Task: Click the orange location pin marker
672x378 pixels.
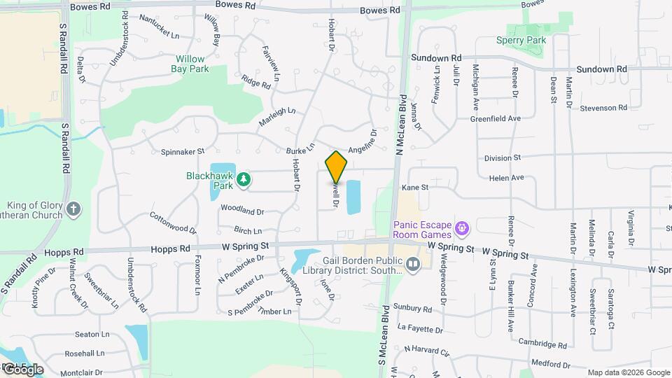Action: (337, 167)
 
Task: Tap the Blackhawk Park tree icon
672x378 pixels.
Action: (243, 181)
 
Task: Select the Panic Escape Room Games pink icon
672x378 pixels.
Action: (461, 228)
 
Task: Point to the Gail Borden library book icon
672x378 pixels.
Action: (413, 264)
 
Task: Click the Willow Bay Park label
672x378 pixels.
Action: (190, 64)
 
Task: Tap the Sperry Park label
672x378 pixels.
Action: (526, 41)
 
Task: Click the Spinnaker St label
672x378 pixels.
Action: (182, 150)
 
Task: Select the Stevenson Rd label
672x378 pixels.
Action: (603, 108)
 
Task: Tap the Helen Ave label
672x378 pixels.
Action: (507, 178)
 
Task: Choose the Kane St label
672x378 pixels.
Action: (414, 188)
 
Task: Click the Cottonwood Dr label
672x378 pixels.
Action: (173, 223)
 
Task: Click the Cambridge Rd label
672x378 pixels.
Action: (542, 344)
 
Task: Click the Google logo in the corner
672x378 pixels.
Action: (23, 369)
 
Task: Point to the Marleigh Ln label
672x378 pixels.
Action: (277, 116)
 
